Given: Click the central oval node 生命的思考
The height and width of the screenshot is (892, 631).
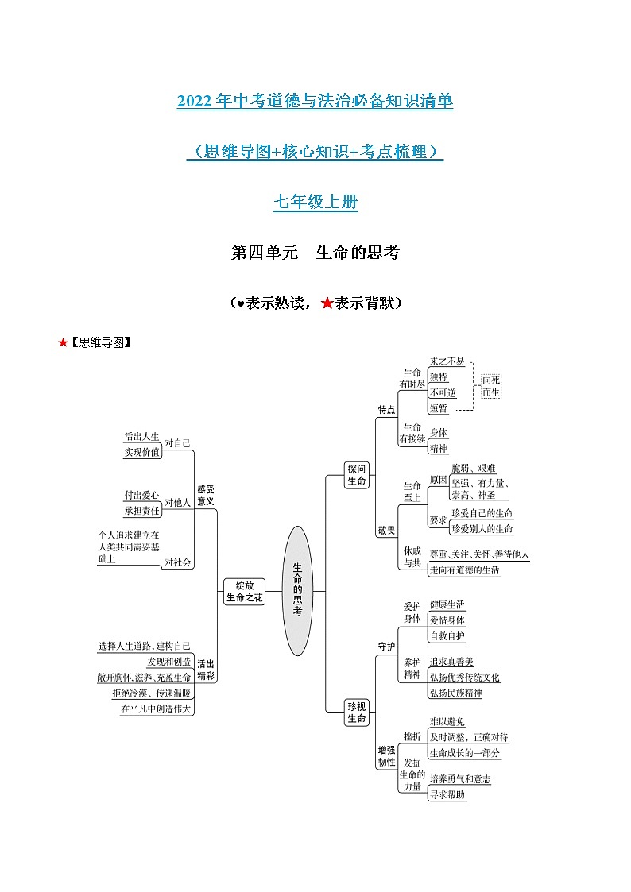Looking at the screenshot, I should (296, 590).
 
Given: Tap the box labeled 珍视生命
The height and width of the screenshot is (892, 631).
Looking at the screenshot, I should (357, 712).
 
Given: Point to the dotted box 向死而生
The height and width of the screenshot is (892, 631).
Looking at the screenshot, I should (492, 386).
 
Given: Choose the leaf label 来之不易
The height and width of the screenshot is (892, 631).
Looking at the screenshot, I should (447, 361).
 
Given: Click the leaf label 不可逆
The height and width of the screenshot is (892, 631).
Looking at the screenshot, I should (443, 392).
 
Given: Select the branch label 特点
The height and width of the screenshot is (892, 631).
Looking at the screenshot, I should (386, 410).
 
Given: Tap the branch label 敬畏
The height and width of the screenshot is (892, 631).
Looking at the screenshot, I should (386, 530).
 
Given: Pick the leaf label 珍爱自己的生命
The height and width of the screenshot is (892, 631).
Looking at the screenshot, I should (482, 513).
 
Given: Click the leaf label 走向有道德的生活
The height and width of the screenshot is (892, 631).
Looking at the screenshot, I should (475, 570).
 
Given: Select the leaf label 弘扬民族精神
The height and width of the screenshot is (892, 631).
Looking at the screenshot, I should (455, 693).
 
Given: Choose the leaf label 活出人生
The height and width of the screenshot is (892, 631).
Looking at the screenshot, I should (141, 437).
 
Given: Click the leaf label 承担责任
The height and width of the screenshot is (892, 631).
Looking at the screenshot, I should (141, 509).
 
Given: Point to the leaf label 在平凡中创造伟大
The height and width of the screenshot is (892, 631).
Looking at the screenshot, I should (157, 709).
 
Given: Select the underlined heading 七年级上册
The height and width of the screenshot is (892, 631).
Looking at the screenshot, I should (315, 203).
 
